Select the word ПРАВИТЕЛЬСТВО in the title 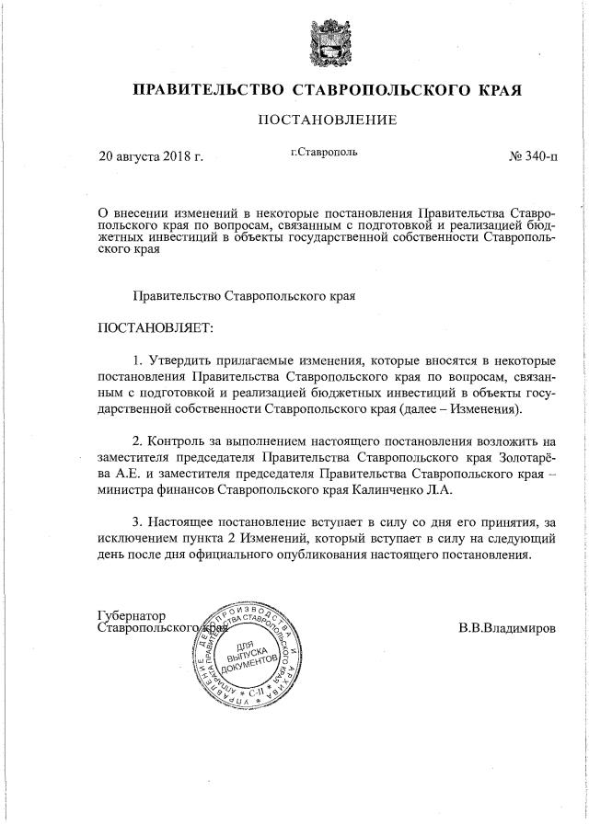point(208,90)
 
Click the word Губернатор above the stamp point(131,613)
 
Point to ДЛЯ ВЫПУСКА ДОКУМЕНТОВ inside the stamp point(248,651)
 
